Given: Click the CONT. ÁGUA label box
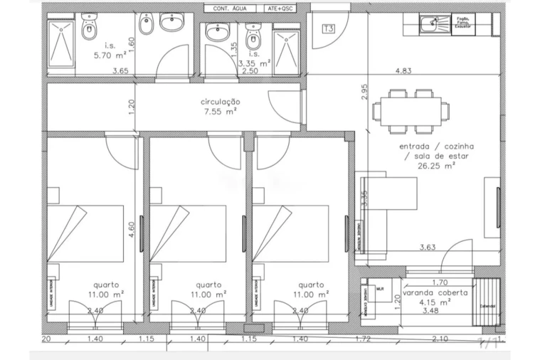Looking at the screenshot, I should click(227, 9).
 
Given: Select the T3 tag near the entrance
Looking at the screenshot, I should click(328, 29).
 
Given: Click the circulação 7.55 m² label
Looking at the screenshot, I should click(220, 107).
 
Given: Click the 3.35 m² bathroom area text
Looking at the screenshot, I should click(254, 63).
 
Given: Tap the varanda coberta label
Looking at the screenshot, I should click(435, 293).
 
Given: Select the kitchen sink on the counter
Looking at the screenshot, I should click(429, 25).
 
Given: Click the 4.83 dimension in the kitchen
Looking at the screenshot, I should click(405, 70).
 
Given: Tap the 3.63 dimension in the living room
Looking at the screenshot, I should click(428, 247).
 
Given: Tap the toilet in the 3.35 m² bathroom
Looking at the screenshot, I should click(252, 32).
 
